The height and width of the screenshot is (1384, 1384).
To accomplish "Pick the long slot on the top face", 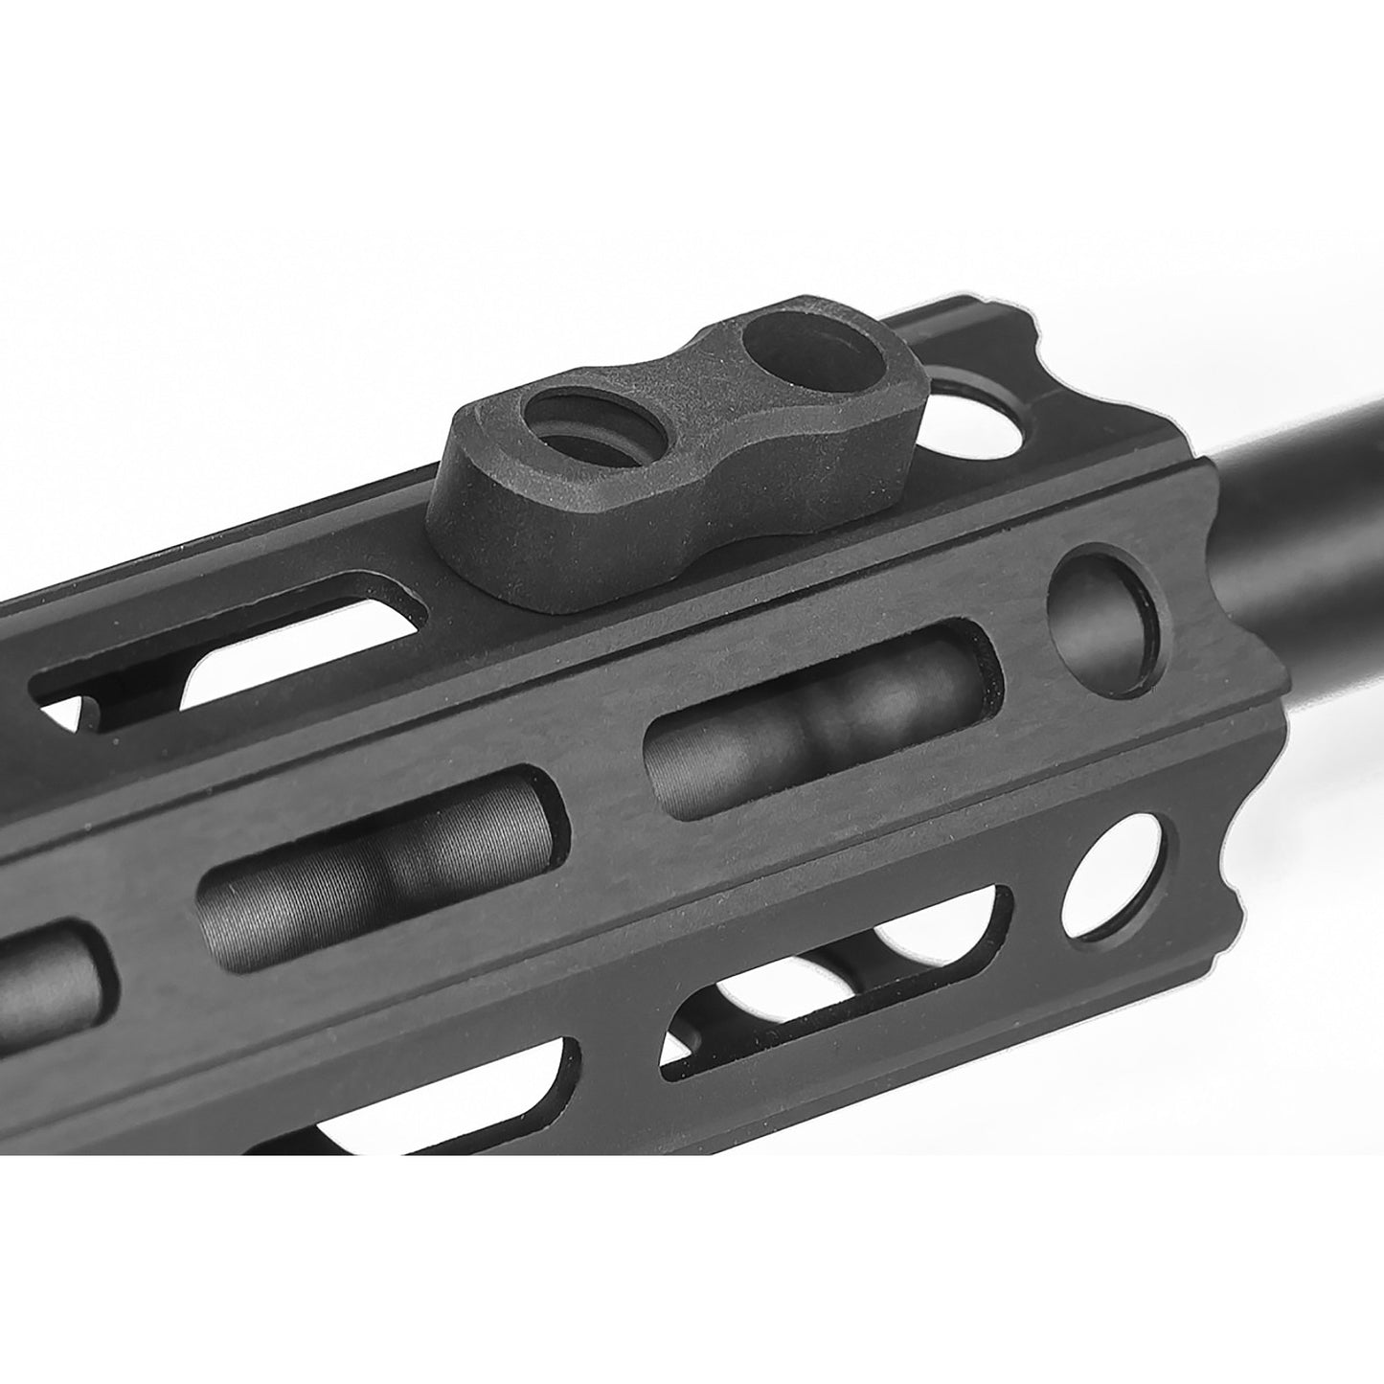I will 230,661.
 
